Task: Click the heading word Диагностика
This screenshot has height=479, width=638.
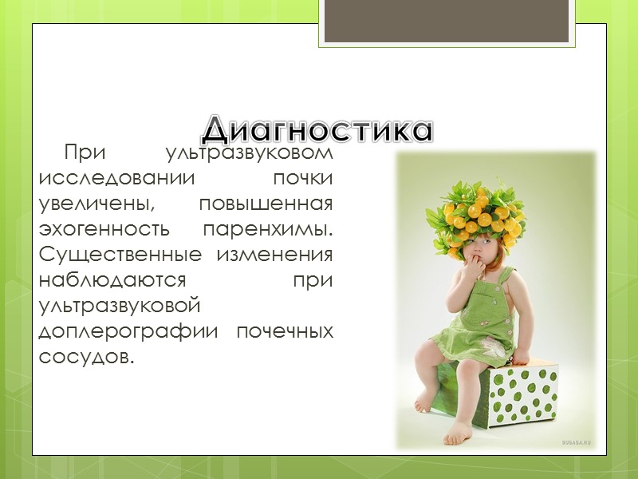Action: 317,129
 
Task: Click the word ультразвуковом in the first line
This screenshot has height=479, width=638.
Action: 247,152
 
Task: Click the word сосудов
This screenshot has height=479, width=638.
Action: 85,356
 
